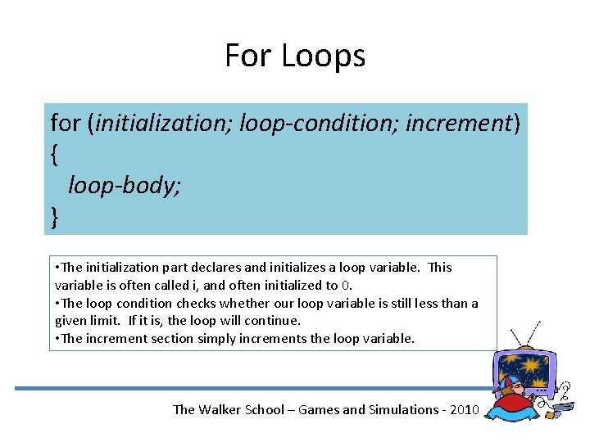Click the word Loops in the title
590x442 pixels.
click(323, 56)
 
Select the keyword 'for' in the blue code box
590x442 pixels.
click(66, 123)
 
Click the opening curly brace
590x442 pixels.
click(54, 155)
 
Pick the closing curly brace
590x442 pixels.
click(54, 217)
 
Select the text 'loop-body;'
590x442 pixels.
click(125, 186)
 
